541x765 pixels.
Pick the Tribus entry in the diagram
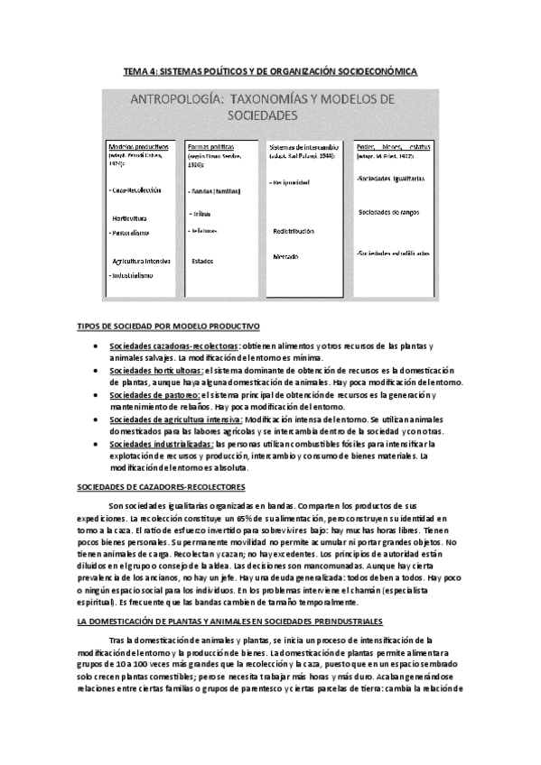[x=201, y=214]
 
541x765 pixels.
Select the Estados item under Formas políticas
[x=202, y=261]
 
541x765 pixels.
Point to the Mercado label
[x=288, y=257]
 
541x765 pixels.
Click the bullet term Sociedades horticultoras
[x=156, y=371]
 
